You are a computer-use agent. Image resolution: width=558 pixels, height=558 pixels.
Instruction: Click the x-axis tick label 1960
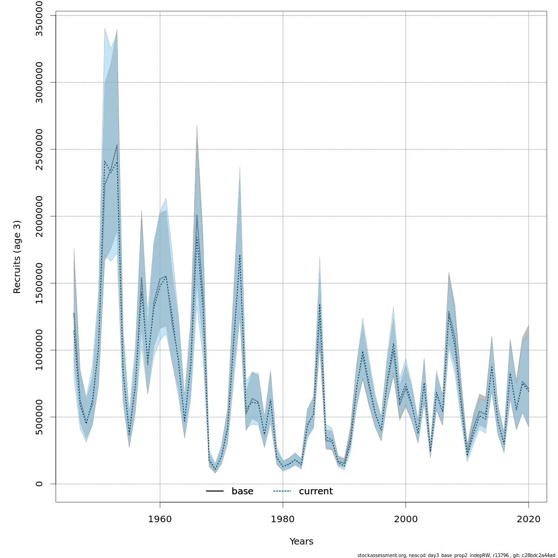click(160, 519)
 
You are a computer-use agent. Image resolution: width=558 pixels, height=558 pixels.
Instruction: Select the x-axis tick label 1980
click(283, 519)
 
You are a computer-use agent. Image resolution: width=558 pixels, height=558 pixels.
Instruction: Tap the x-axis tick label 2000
click(405, 519)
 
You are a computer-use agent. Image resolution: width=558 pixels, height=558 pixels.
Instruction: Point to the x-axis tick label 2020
click(528, 519)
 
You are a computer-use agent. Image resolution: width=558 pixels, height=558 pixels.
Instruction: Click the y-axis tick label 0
click(40, 484)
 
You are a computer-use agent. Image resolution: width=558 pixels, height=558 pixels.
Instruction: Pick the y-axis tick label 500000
click(40, 417)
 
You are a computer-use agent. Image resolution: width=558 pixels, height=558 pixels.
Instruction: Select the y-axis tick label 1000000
click(40, 350)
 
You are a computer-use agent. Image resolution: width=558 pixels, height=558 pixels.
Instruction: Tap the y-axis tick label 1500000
click(40, 283)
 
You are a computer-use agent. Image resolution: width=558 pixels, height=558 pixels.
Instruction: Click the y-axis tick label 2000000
click(40, 216)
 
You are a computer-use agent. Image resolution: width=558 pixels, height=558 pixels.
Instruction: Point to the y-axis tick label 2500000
click(40, 149)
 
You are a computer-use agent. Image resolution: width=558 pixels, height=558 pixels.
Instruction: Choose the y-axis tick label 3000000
click(40, 82)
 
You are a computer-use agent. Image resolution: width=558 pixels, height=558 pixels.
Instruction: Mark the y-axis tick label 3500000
click(40, 15)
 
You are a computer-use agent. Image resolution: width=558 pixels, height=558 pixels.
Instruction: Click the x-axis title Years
click(301, 542)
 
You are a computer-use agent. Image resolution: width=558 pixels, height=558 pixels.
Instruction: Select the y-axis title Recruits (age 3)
click(17, 257)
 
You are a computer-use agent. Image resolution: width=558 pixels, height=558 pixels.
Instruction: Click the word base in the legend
click(242, 492)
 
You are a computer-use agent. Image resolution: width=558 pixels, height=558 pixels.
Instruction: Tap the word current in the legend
click(316, 492)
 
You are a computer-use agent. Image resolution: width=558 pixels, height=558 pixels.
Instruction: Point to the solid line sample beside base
click(215, 492)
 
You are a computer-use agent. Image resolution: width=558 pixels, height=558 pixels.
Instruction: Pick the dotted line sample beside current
click(282, 492)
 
